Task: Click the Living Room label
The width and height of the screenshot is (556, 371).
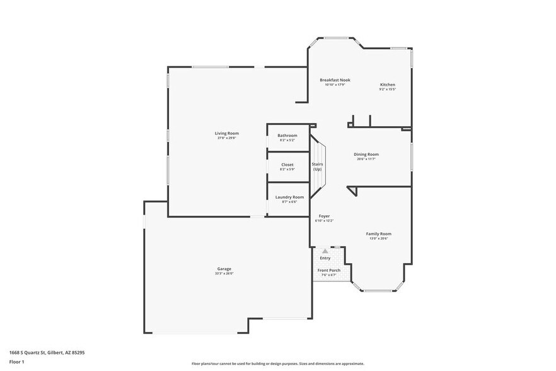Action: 226,133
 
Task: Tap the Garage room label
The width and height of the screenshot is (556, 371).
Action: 224,269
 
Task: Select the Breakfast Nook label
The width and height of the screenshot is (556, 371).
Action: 335,80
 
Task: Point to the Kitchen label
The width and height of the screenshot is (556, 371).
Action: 387,85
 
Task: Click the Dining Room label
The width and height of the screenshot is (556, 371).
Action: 366,154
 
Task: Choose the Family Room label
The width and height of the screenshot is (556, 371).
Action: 379,233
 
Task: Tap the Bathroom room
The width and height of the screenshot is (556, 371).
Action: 287,138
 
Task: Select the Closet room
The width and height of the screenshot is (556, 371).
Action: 287,167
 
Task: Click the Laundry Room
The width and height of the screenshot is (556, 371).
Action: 289,199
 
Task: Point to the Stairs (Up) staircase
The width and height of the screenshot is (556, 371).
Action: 318,167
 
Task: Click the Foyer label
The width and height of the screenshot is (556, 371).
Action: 324,216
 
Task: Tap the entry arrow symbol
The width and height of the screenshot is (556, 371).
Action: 325,251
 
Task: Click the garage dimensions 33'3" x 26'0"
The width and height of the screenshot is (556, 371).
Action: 224,274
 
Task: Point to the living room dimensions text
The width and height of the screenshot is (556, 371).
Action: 226,138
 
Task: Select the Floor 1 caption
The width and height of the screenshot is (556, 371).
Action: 16,362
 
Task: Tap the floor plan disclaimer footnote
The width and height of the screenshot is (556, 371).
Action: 277,363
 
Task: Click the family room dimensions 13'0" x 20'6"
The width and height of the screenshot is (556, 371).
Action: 379,238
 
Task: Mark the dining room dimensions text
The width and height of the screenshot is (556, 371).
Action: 366,159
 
